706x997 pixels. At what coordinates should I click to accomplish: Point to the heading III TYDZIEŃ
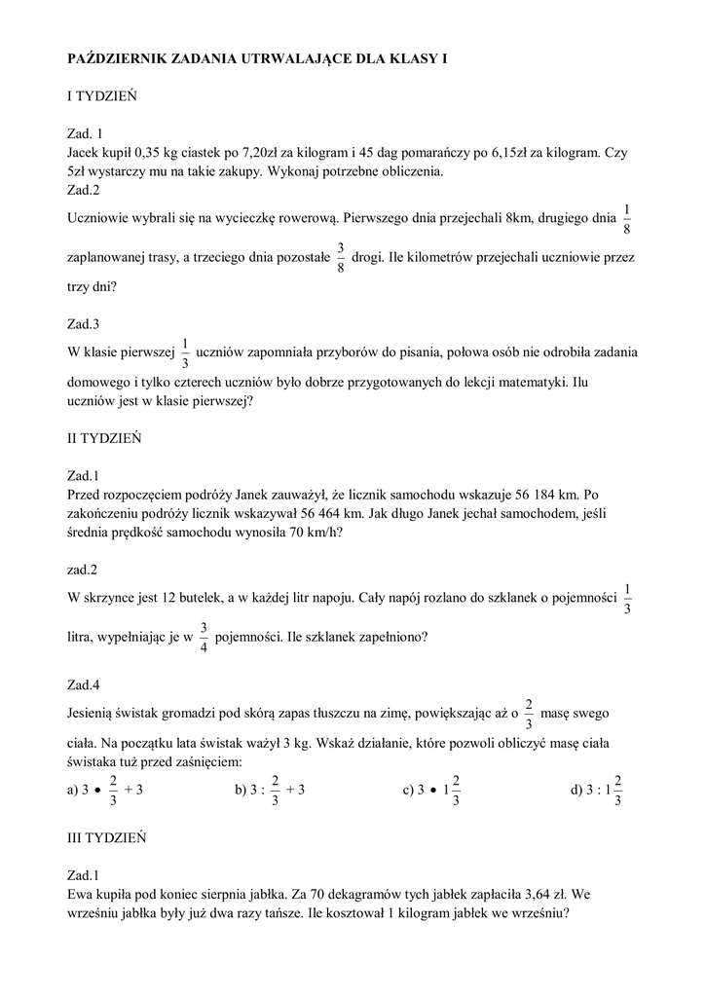pyautogui.click(x=107, y=836)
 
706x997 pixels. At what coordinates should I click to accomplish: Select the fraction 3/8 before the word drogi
pyautogui.click(x=340, y=258)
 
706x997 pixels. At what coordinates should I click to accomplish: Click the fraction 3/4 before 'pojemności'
pyautogui.click(x=204, y=637)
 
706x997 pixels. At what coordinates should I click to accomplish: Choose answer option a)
pyautogui.click(x=105, y=790)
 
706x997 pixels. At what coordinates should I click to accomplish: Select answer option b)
pyautogui.click(x=271, y=790)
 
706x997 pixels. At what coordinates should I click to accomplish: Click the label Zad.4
pyautogui.click(x=84, y=684)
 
